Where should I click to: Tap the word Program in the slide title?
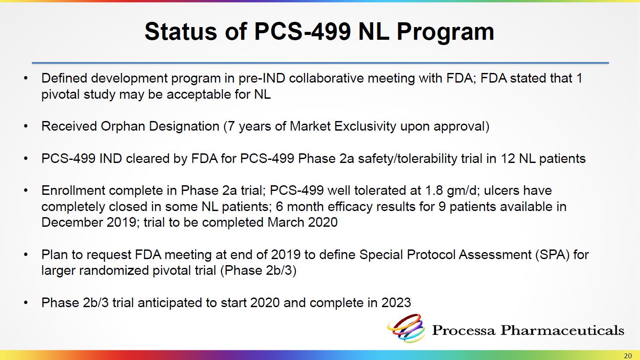tap(445, 33)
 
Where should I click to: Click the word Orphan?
tap(123, 126)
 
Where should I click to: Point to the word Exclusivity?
tap(365, 126)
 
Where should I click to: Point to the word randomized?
tap(114, 270)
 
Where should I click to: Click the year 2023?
tap(396, 303)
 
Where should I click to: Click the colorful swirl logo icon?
tap(406, 329)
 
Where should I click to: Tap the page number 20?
tap(627, 356)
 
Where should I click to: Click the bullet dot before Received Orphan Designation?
tap(26, 126)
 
